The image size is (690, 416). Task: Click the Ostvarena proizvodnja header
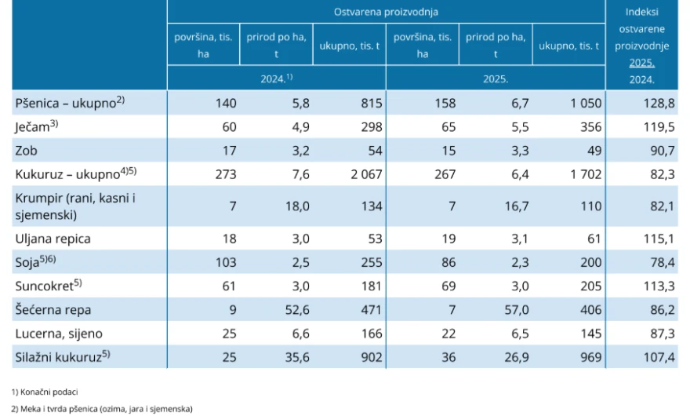tap(386, 12)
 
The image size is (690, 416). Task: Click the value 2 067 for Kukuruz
tap(367, 174)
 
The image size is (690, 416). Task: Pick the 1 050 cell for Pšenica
tap(586, 103)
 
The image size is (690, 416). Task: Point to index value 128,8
tap(663, 103)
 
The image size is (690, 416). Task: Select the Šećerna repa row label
tap(53, 310)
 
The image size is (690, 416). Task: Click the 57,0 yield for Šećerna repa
tap(517, 310)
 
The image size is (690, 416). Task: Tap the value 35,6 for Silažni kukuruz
tap(297, 357)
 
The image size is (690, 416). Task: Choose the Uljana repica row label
tap(53, 239)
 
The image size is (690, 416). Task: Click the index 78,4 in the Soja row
tap(663, 262)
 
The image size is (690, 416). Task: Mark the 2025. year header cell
tap(496, 78)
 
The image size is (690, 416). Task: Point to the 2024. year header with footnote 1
tap(276, 78)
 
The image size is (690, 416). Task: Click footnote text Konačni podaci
tap(45, 392)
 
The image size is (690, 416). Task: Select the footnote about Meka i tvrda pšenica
tap(102, 409)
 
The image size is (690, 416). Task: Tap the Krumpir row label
tap(75, 206)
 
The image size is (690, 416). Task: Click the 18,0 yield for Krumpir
tap(297, 206)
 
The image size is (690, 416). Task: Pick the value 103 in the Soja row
tap(226, 262)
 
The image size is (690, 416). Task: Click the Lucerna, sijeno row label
tap(59, 334)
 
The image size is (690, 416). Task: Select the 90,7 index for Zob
tap(663, 151)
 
